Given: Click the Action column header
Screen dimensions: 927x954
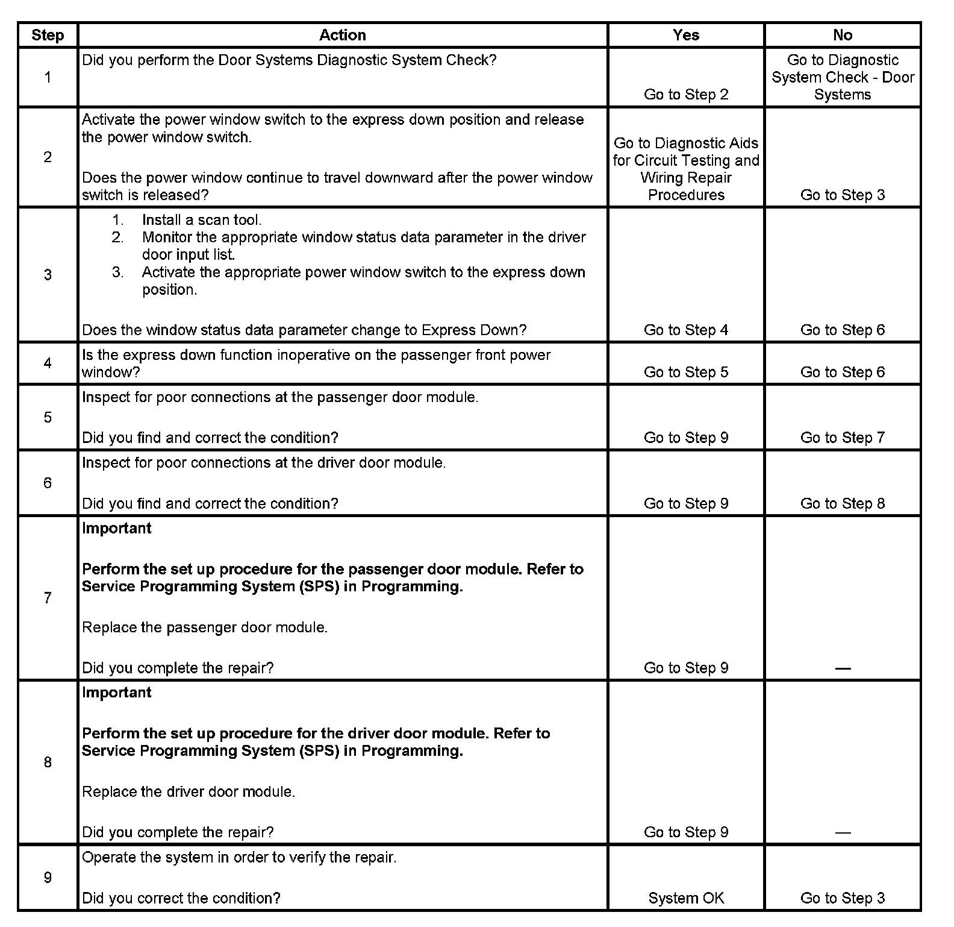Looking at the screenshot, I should coord(342,35).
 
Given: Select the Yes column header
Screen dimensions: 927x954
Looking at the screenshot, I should coord(686,35).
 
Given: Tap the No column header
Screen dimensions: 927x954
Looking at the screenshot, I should coord(843,35).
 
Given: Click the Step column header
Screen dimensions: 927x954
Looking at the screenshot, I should coord(48,35).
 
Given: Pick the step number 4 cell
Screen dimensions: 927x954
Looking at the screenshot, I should coord(48,363).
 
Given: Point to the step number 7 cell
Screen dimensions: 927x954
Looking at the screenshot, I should coord(48,598).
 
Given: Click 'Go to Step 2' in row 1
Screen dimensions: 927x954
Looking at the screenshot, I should coord(686,94).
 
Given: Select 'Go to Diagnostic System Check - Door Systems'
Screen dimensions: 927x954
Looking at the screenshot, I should coord(843,77).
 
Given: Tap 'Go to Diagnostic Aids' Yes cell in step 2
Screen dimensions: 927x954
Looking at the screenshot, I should coord(686,169).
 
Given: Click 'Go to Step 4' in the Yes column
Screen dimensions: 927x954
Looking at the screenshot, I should coord(686,330).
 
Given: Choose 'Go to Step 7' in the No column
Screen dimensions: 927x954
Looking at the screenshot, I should coord(843,438).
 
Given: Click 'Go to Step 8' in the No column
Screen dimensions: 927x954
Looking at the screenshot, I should coord(843,503).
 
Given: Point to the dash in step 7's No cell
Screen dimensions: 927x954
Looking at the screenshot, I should coord(843,668).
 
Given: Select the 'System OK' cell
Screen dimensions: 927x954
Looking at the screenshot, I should coord(686,898).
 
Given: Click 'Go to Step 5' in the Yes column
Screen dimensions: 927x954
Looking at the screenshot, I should coord(686,372).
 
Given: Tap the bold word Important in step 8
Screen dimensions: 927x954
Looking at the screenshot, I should coord(117,692).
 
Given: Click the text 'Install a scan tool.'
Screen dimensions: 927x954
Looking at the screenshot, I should coord(202,220).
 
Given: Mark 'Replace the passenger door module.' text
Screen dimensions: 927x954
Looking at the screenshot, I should coord(205,627).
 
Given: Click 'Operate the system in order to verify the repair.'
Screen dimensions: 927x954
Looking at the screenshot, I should coord(239,857).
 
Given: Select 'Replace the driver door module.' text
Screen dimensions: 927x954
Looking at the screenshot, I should coord(189,791).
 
